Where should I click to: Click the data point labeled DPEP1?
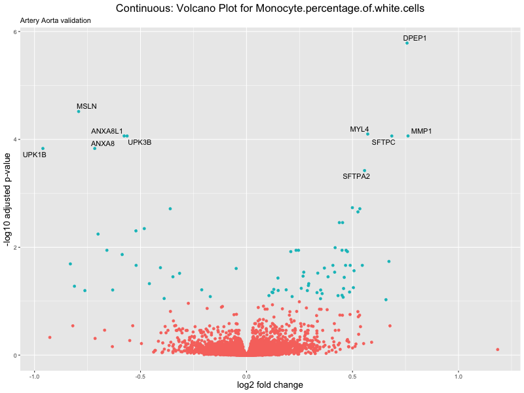pyautogui.click(x=407, y=43)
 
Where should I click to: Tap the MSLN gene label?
pyautogui.click(x=86, y=106)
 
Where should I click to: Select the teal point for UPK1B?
pyautogui.click(x=43, y=149)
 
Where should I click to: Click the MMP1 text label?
pyautogui.click(x=421, y=132)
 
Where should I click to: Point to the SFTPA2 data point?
pyautogui.click(x=365, y=170)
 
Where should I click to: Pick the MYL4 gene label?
pyautogui.click(x=359, y=130)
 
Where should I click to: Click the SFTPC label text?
pyautogui.click(x=383, y=142)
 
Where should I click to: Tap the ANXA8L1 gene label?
pyautogui.click(x=107, y=132)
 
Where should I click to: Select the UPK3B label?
pyautogui.click(x=140, y=142)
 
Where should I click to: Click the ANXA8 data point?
pyautogui.click(x=94, y=148)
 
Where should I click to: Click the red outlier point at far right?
pyautogui.click(x=498, y=350)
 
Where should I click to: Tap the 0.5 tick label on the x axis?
pyautogui.click(x=352, y=377)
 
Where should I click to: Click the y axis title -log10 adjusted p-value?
pyautogui.click(x=7, y=200)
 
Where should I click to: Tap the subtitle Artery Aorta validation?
pyautogui.click(x=56, y=20)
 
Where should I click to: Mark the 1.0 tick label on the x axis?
pyautogui.click(x=458, y=377)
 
